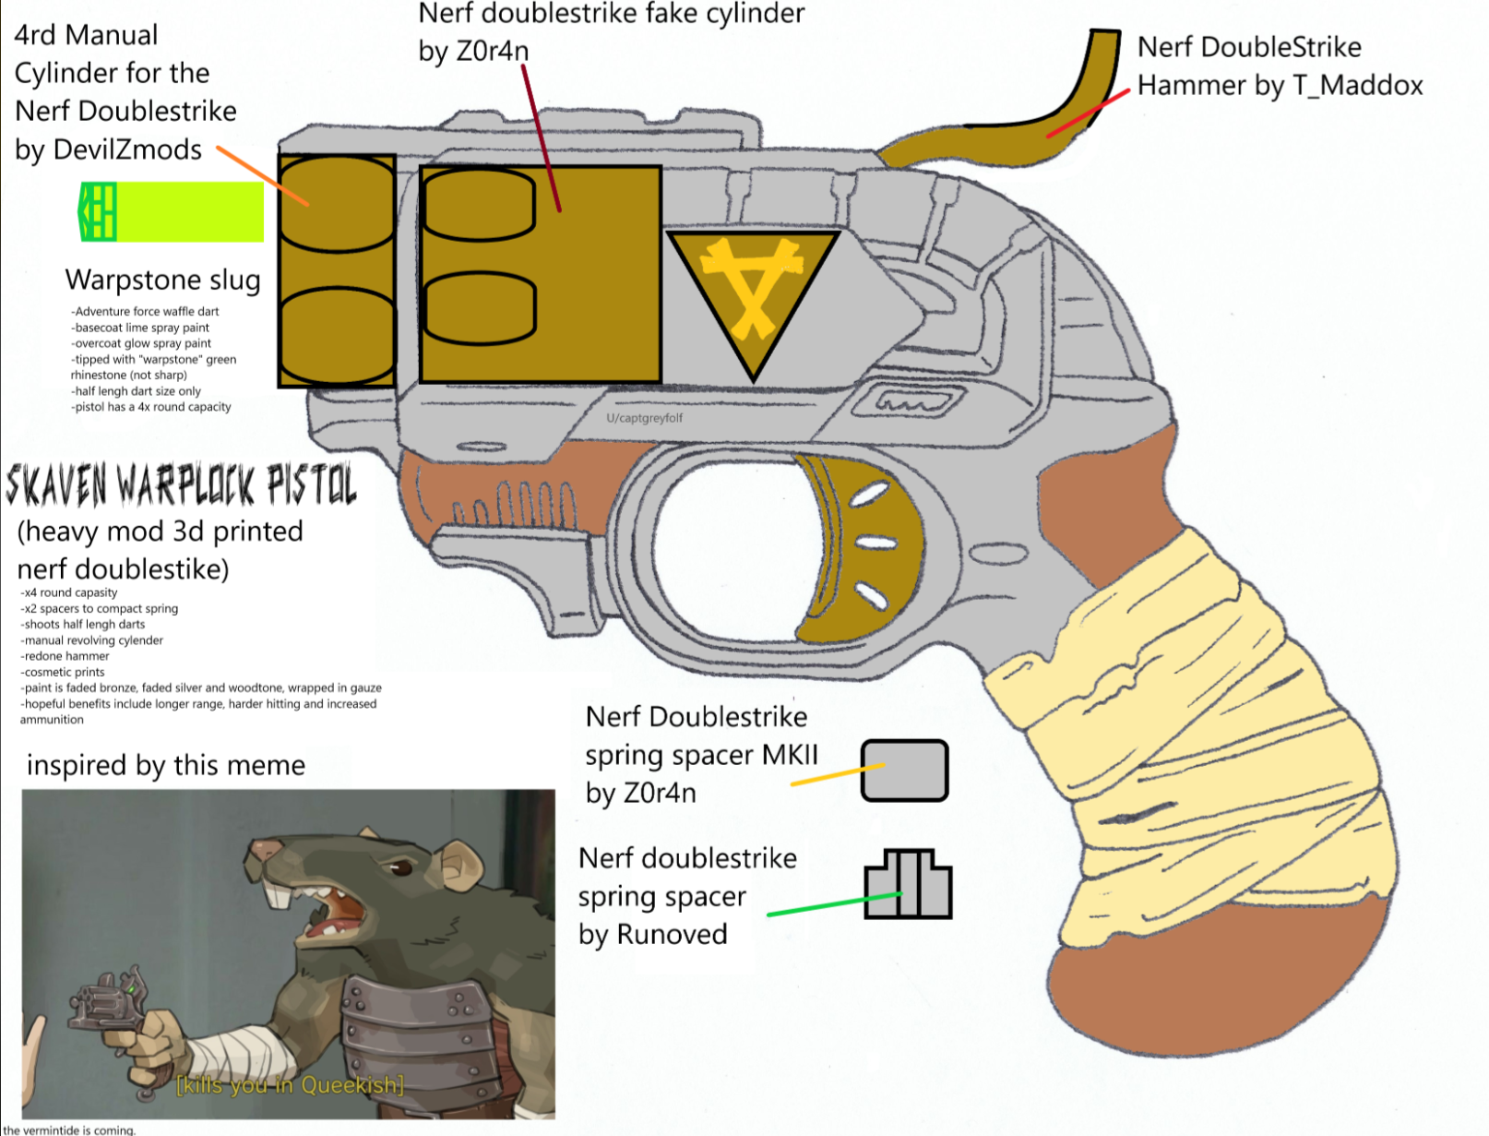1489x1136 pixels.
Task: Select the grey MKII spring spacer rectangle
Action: tap(904, 771)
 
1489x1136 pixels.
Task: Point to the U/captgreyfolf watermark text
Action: tap(644, 418)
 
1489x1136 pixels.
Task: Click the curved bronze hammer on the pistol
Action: tap(1015, 129)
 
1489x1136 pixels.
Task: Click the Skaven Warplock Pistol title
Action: tap(180, 485)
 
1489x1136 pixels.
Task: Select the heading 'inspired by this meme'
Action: tap(166, 765)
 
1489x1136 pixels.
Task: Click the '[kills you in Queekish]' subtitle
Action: tap(290, 1085)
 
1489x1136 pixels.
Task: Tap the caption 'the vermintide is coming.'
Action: tap(69, 1130)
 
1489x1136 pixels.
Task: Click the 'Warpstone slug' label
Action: tap(162, 280)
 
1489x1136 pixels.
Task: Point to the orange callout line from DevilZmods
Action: tap(263, 175)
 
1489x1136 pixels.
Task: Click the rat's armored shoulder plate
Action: tap(415, 1015)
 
